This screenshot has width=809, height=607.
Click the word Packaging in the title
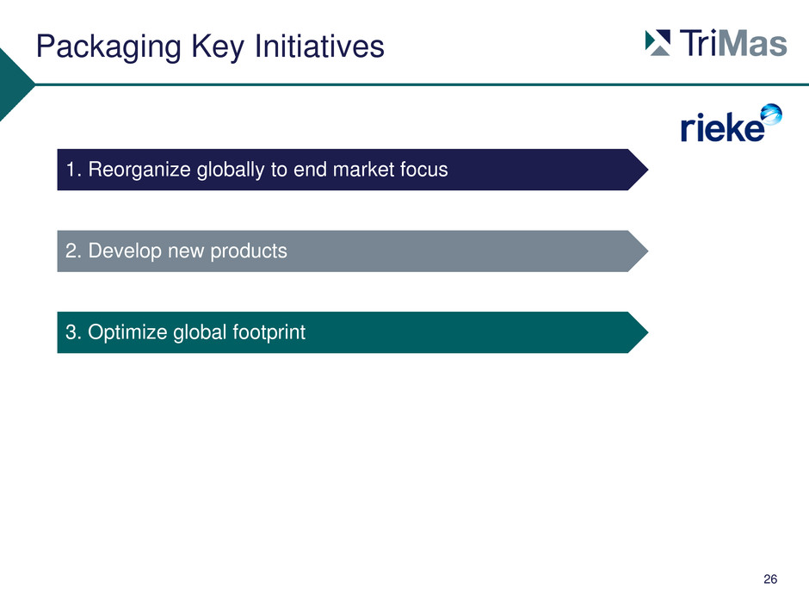pos(108,47)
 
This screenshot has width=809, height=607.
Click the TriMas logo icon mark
pos(658,42)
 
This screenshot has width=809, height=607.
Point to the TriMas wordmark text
pos(733,42)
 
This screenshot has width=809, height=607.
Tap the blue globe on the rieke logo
pos(772,114)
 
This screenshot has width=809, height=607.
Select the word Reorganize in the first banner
pos(139,170)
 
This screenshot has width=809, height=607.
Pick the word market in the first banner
pos(356,170)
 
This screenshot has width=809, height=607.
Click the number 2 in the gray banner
pos(71,251)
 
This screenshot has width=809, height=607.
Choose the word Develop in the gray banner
pos(125,251)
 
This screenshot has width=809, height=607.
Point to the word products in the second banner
pos(249,251)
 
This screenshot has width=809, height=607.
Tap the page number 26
pos(770,579)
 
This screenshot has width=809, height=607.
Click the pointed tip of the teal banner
pos(648,332)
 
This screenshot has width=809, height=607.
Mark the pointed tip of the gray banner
pos(648,251)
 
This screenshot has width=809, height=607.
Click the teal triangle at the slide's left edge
pos(12,84)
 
